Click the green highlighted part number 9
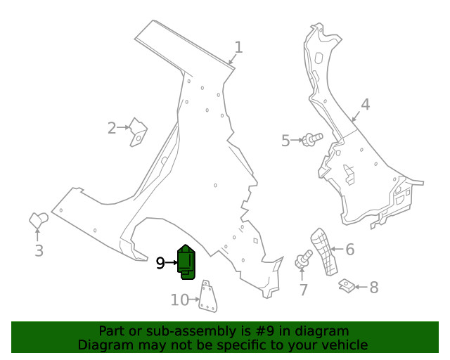click(186, 262)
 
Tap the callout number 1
click(238, 47)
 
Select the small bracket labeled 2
click(138, 132)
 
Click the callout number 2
click(112, 128)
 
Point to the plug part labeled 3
click(39, 220)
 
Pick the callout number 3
click(39, 250)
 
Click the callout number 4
click(365, 105)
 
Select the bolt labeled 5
click(312, 139)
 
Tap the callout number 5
click(285, 141)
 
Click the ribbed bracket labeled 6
click(323, 252)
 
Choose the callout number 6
click(350, 249)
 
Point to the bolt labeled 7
click(304, 259)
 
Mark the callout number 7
click(304, 290)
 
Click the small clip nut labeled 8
click(347, 286)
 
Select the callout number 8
click(373, 287)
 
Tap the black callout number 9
click(160, 263)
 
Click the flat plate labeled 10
click(208, 296)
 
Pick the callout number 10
click(180, 300)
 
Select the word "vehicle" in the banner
click(347, 345)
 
